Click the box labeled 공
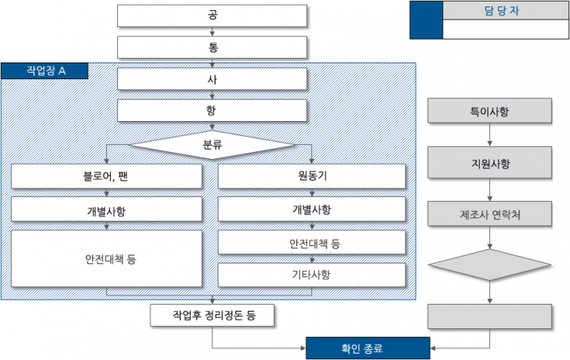click(213, 16)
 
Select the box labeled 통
click(213, 47)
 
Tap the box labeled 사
click(213, 79)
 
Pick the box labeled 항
click(213, 111)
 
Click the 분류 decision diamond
click(213, 145)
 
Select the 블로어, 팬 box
click(106, 176)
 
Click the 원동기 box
click(311, 176)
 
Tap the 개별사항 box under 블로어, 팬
click(106, 210)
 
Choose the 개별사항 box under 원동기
click(311, 210)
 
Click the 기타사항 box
click(311, 275)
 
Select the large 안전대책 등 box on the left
click(106, 259)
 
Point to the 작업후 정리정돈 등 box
click(213, 315)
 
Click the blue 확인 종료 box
click(368, 347)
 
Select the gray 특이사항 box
click(489, 111)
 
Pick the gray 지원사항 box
click(489, 165)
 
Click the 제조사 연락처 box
click(489, 214)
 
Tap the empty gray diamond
click(489, 265)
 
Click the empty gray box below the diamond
click(489, 316)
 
